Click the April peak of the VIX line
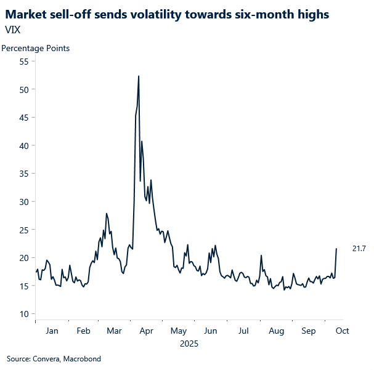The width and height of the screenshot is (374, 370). coord(139,76)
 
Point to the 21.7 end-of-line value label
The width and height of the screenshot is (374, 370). coord(359,249)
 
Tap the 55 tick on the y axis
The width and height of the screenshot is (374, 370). coord(24,62)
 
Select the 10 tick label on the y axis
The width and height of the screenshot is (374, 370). coord(24,314)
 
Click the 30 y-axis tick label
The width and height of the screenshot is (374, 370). coord(24,202)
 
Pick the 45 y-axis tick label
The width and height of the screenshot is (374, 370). coord(24,118)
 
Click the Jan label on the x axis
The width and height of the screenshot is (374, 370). coord(52,331)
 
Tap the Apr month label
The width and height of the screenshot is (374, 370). coord(146,331)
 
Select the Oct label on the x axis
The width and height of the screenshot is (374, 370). coord(342,331)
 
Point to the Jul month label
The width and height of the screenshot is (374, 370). coord(243,331)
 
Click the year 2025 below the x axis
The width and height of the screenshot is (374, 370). coord(189,344)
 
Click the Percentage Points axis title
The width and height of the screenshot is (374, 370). coord(36,48)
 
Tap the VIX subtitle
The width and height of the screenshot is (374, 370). coord(12,29)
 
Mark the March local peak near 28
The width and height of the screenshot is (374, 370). coord(107,214)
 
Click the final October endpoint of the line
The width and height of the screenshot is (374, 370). coord(336,249)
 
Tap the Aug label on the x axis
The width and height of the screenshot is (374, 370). coord(276,331)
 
